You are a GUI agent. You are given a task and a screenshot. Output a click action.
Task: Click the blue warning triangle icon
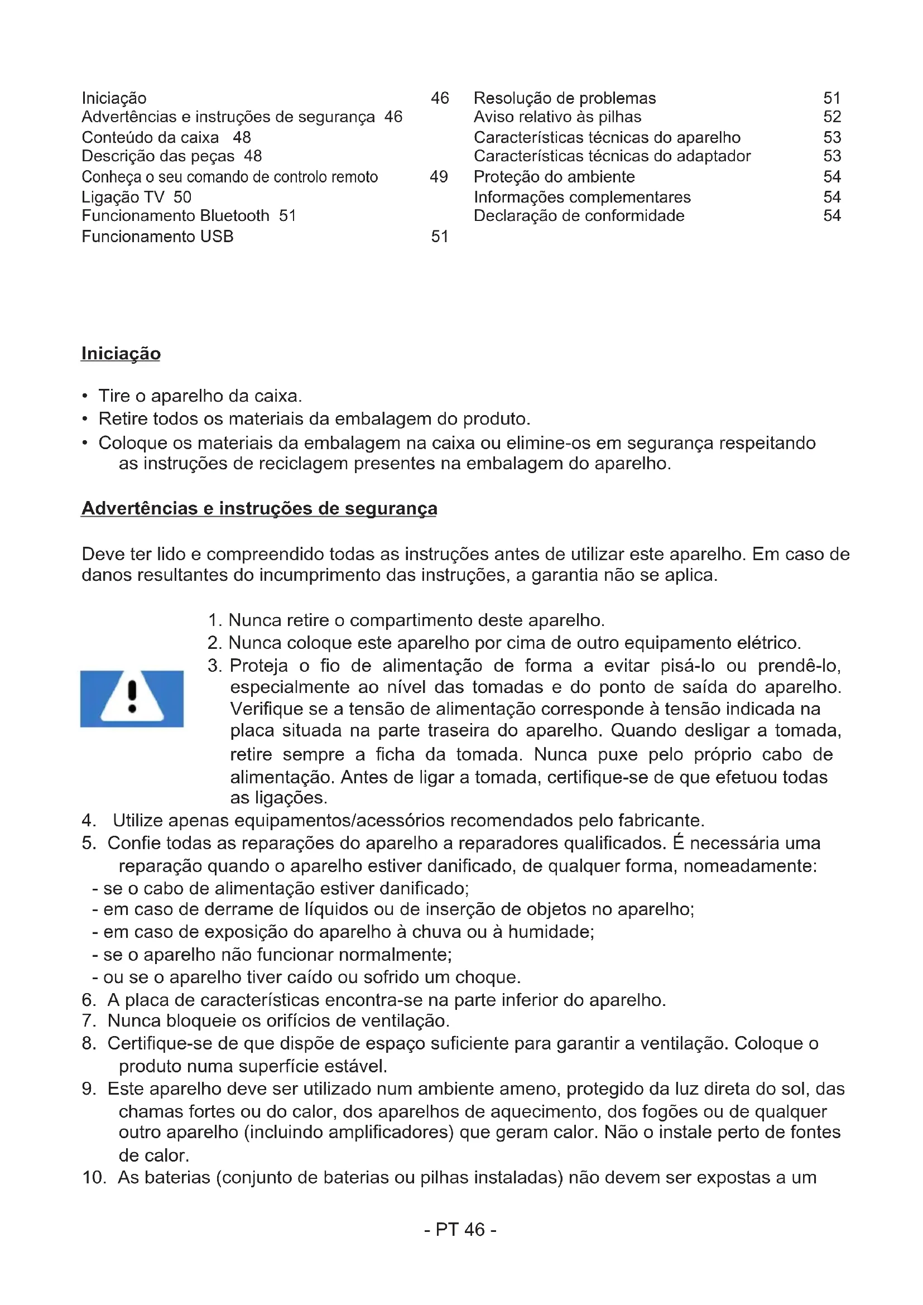tap(132, 699)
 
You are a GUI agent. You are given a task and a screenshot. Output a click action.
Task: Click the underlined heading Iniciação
tap(121, 354)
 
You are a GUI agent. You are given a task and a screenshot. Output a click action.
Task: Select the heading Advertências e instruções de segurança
tap(259, 508)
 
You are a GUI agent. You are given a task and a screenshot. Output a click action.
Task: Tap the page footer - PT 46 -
tap(460, 1230)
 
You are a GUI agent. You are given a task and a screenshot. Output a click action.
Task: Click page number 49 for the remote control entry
tap(439, 177)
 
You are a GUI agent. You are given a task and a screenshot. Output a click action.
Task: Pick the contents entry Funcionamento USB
tap(157, 237)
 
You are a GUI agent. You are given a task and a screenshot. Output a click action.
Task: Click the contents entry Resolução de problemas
tap(564, 98)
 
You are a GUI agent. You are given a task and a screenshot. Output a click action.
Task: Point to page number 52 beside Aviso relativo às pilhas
tap(832, 117)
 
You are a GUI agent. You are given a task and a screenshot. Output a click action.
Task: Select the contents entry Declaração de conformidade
tap(579, 216)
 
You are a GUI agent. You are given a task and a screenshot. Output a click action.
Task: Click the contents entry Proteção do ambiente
tap(554, 177)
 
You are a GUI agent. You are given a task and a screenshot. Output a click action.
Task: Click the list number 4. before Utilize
tap(89, 821)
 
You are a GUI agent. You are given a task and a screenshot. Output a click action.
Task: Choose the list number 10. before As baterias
tap(94, 1177)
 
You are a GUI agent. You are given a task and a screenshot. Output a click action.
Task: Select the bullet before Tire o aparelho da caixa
tap(85, 396)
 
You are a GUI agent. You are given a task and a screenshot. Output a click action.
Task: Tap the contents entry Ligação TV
tap(123, 197)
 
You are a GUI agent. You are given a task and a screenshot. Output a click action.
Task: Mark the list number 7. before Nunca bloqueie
tap(89, 1020)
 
